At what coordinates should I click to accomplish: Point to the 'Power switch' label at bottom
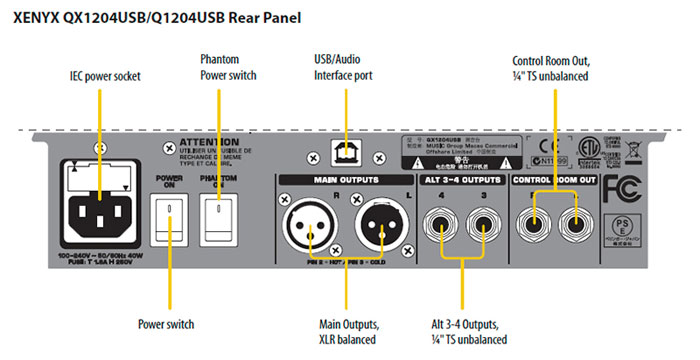coord(166,323)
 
